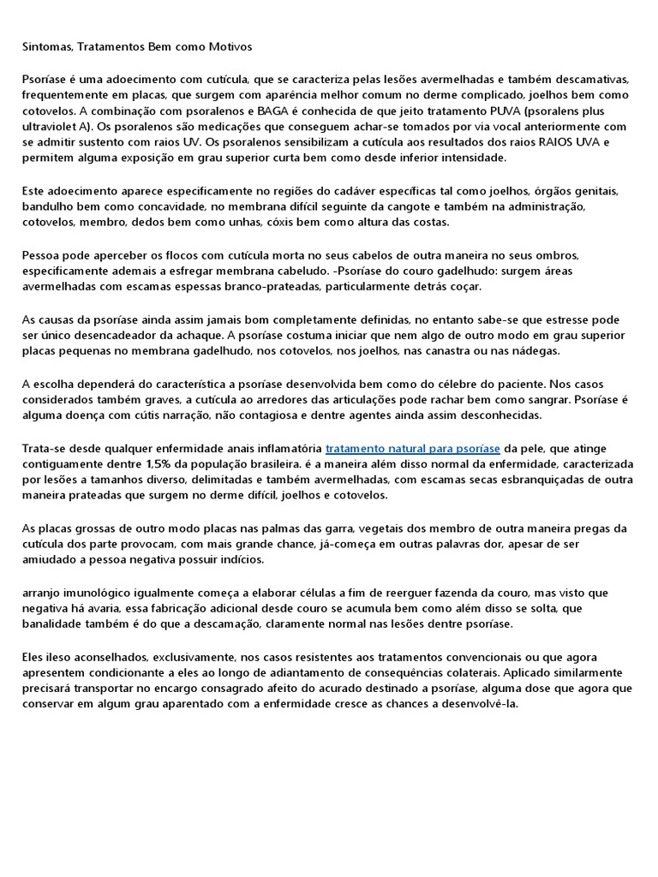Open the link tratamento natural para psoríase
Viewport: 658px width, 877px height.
click(413, 448)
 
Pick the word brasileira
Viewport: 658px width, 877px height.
click(272, 463)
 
